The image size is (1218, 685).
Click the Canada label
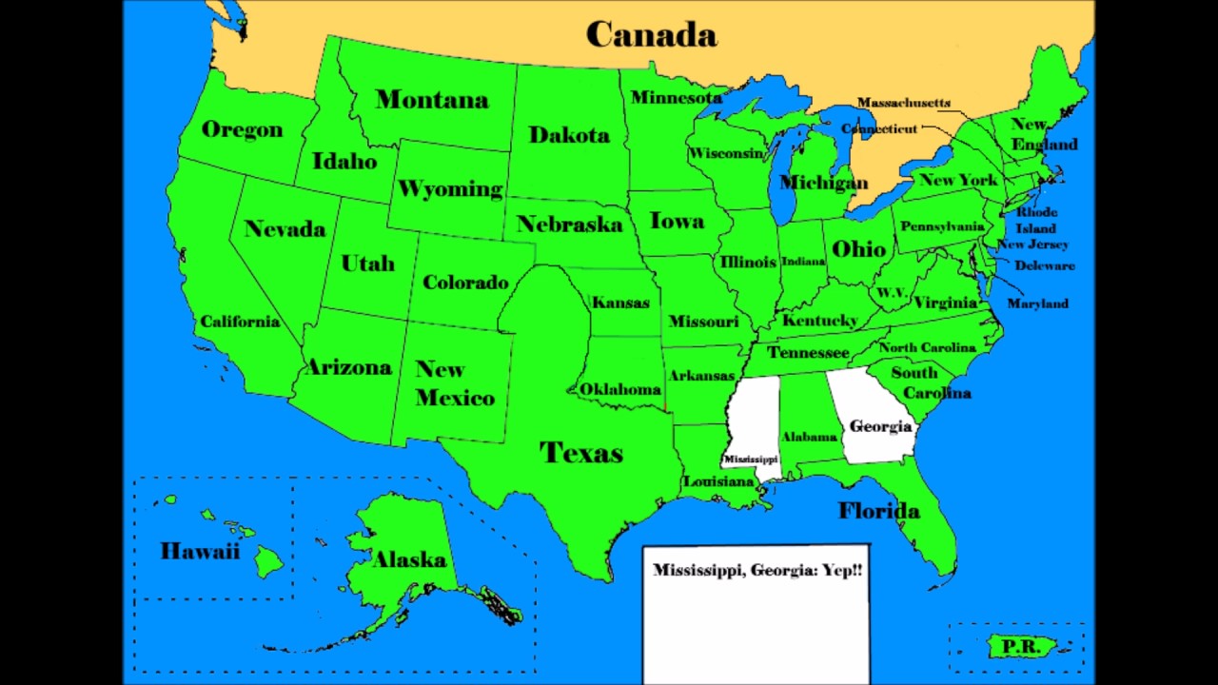tap(651, 35)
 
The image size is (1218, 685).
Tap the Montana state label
tap(432, 99)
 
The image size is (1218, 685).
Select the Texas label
tap(580, 452)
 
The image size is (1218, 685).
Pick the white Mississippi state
tap(752, 423)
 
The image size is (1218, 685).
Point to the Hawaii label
tap(200, 551)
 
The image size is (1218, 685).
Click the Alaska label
tap(409, 559)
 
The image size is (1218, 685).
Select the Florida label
tap(878, 511)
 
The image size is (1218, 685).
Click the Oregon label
tap(242, 129)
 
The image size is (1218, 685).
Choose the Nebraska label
tap(569, 225)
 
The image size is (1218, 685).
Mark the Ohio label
tap(858, 249)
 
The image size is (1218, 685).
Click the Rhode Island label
tap(1036, 220)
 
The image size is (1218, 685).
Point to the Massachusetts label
tap(903, 103)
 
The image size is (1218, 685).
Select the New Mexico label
tap(454, 383)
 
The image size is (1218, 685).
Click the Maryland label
tap(1037, 303)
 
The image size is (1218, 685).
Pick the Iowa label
tap(677, 221)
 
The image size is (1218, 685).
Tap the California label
tap(240, 322)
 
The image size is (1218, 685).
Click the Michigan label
tap(823, 182)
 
